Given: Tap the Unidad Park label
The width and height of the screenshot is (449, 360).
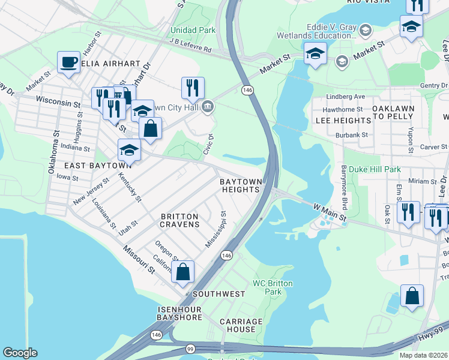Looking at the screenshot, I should coord(193,29).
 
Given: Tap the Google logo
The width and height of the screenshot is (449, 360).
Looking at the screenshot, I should coord(20,353).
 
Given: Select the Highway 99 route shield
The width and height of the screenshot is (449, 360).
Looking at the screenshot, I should coord(190,348).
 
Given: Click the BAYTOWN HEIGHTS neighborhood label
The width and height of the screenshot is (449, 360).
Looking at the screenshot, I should coord(241,185).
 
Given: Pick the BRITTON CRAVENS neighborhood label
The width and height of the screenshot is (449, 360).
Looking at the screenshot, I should coord(179,220).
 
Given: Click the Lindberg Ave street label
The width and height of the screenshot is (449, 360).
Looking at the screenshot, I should coord(345,97).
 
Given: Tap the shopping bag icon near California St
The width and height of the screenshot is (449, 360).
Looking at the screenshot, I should coord(183,271).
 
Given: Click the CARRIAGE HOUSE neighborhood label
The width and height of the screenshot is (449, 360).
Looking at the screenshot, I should coord(241,326).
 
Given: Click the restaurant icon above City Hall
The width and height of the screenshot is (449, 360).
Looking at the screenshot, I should coord(193,88).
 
